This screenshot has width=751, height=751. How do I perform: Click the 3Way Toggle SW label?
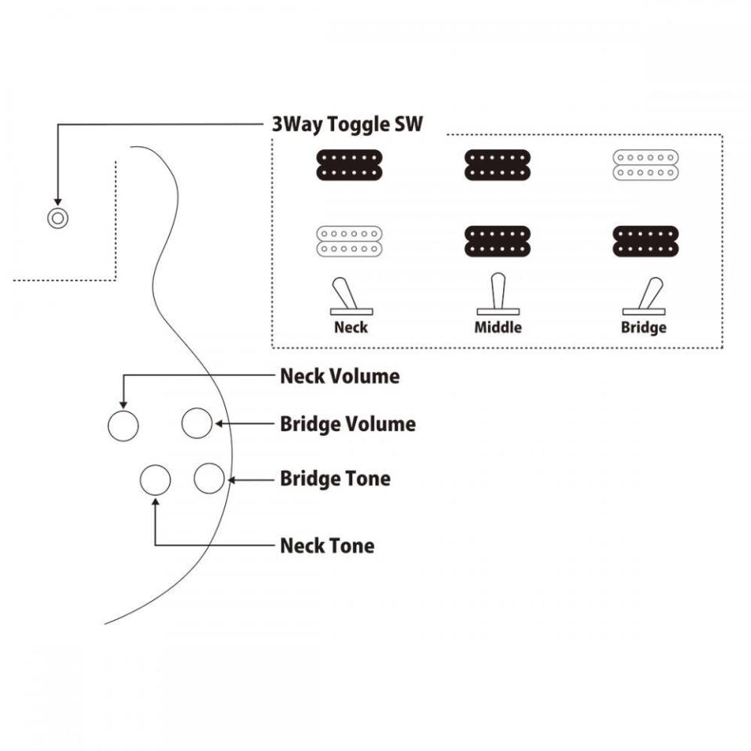pos(347,124)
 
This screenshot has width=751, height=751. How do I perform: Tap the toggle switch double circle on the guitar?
pos(57,218)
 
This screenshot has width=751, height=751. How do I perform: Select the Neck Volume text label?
pos(340,376)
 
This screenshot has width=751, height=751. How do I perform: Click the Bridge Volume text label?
pos(347,425)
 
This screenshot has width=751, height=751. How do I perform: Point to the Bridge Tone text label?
pos(335,478)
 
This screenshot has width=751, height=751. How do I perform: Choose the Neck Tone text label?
pos(327,545)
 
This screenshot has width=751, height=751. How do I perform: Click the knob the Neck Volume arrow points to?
pos(123,426)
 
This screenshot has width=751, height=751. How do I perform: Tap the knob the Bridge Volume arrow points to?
pos(197,423)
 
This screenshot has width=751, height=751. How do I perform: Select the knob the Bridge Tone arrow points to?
pos(209,478)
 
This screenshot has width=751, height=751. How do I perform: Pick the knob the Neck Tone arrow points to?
pos(156,480)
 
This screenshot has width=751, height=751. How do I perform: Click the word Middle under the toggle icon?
pos(498,327)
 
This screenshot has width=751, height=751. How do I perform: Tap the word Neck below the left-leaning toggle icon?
pos(350,327)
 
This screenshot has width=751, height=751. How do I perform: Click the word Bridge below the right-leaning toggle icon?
pos(644,327)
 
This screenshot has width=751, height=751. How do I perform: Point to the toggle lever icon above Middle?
pos(498,294)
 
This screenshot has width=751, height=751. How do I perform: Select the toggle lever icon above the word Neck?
pos(347,296)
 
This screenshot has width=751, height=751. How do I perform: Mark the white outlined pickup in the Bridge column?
pos(644,165)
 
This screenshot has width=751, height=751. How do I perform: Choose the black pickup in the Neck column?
pos(350,165)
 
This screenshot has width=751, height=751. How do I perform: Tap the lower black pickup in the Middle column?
pos(498,241)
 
